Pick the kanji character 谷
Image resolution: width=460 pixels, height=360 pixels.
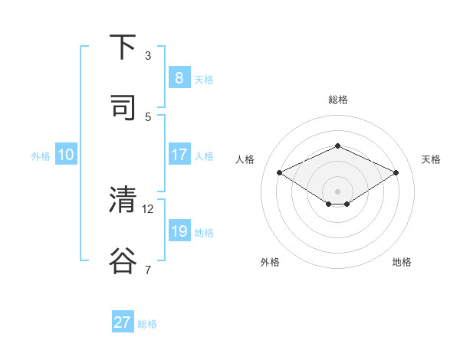123,260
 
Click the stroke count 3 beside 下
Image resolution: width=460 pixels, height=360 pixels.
148,55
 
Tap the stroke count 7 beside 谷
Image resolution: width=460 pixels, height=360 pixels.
148,270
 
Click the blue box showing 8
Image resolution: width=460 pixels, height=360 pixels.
179,78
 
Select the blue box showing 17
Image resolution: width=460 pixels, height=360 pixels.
179,155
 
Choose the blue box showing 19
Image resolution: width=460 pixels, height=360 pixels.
179,231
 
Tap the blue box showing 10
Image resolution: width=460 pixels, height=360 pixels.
66,155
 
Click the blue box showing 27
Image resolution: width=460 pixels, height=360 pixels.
123,322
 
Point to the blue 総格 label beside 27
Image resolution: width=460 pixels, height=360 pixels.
147,324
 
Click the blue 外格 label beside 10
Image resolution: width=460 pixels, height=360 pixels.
41,156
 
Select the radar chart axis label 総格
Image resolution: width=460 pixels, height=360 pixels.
337,100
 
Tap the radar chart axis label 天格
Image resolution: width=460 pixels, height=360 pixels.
431,159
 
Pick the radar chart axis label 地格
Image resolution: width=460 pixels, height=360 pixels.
402,262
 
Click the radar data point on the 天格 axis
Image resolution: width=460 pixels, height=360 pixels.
396,173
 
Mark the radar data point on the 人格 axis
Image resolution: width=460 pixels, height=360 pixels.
280,173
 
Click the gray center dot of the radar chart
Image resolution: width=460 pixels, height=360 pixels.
337,191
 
